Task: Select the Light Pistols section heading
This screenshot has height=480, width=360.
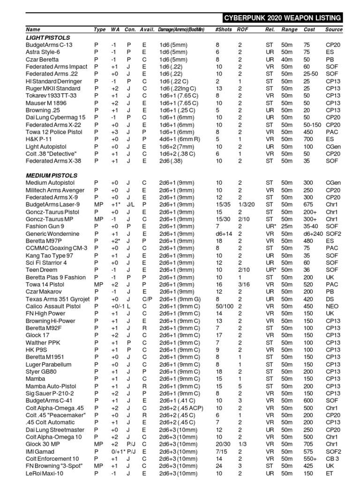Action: (x=48, y=37)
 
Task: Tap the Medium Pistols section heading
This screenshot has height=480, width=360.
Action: (x=52, y=175)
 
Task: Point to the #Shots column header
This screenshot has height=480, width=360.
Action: (x=223, y=30)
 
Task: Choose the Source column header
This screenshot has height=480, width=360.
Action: (x=334, y=30)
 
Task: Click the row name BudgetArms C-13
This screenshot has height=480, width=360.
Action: (x=49, y=45)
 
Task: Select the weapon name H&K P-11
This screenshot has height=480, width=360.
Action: (x=38, y=139)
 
